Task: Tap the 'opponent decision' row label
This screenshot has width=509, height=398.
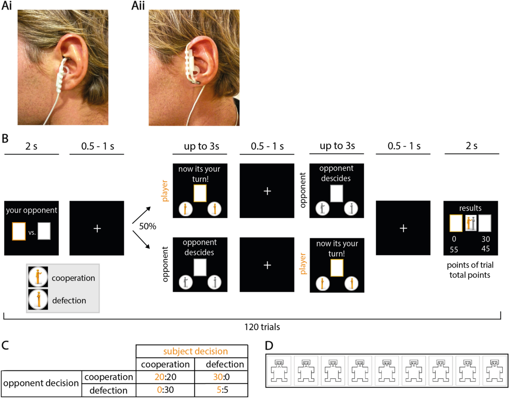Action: coord(41,383)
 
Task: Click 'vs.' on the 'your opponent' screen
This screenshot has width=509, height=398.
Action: coord(32,233)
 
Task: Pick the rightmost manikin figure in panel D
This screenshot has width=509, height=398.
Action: coord(494,370)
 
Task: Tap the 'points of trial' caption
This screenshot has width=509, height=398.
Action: coord(470,266)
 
